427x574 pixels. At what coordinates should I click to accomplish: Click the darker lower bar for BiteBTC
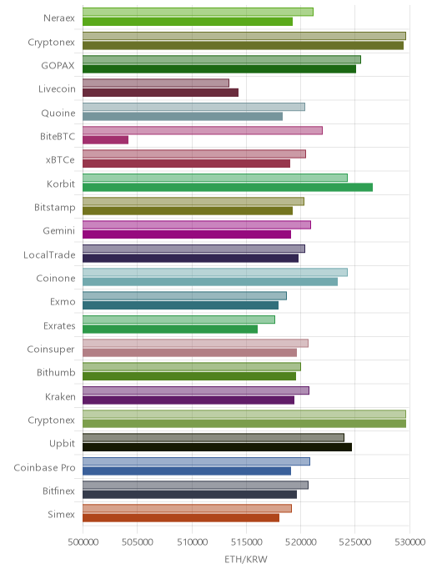(x=105, y=140)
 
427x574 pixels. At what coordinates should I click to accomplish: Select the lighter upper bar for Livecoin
(x=156, y=83)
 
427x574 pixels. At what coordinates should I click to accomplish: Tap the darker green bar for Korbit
(x=228, y=188)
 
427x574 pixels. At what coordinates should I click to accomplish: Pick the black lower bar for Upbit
(x=218, y=447)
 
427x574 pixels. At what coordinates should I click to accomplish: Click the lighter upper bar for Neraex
(x=198, y=12)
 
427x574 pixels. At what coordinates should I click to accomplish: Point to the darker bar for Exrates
(x=170, y=329)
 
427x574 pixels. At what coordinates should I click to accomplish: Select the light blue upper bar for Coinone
(x=215, y=272)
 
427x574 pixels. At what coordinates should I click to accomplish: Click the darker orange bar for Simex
(x=181, y=518)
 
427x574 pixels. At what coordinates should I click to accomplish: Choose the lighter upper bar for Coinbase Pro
(x=197, y=461)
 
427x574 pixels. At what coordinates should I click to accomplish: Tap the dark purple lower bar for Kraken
(x=188, y=400)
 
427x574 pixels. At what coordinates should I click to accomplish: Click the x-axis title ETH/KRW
(x=246, y=559)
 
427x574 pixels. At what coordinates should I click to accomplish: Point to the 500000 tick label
(x=83, y=541)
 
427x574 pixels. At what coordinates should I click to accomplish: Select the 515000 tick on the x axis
(x=246, y=541)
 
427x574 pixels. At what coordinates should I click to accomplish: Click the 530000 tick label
(x=409, y=541)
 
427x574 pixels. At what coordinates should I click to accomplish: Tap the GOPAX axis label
(x=58, y=66)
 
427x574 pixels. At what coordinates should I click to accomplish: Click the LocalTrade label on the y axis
(x=49, y=254)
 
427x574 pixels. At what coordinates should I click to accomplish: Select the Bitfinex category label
(x=59, y=491)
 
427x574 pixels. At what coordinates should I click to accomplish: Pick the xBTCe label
(x=60, y=160)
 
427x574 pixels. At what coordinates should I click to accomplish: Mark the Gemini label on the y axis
(x=59, y=231)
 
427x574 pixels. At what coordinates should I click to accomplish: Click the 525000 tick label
(x=355, y=541)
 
